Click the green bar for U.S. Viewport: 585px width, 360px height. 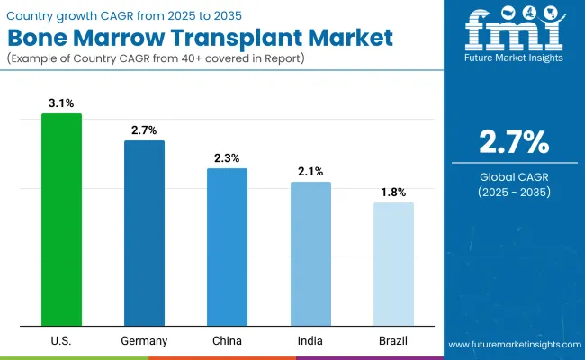[61, 220]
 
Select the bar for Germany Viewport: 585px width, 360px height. [144, 233]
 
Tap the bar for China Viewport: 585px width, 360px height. [227, 247]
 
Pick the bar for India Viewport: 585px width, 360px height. [310, 254]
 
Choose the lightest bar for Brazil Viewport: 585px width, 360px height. [393, 264]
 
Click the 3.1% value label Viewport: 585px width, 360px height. [61, 103]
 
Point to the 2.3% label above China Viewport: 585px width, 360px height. [227, 158]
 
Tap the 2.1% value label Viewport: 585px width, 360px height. [310, 172]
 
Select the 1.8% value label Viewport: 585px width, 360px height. [393, 193]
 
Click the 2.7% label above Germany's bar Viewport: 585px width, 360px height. [144, 130]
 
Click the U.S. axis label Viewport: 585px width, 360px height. [61, 341]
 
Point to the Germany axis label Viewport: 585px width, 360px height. [144, 341]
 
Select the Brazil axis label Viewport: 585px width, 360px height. [393, 341]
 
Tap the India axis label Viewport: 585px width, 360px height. [310, 341]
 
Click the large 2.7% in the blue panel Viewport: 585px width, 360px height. [512, 142]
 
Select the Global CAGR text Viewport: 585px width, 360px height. [512, 176]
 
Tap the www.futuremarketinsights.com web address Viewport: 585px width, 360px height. [512, 345]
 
